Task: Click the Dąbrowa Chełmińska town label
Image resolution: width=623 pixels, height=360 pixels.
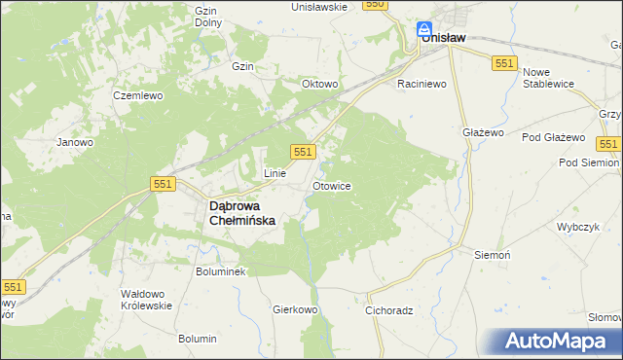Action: click(243, 213)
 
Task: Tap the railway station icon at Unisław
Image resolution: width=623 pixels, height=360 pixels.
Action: click(424, 29)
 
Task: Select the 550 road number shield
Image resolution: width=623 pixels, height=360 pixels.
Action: click(376, 5)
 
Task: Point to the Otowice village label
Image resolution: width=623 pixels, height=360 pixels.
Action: click(331, 185)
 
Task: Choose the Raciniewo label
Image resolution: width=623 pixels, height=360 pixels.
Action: click(421, 84)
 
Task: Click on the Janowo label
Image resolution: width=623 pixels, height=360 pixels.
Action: click(75, 142)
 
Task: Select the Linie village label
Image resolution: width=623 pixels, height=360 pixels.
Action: click(275, 173)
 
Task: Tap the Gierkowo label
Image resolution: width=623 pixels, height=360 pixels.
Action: click(296, 309)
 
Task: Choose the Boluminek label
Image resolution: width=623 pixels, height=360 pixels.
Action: click(221, 271)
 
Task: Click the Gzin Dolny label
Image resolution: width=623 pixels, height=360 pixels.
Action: click(205, 17)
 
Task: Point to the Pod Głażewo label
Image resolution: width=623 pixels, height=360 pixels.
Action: click(553, 137)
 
